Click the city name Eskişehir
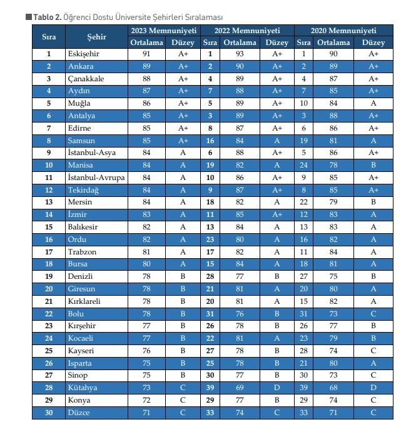(83, 54)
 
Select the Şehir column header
(96, 37)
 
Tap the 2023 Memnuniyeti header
(164, 31)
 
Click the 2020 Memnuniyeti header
(343, 31)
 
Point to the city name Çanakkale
(86, 79)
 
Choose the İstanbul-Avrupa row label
(96, 178)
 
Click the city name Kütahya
(83, 388)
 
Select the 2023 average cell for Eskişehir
(146, 54)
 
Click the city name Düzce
(79, 413)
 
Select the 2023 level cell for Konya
(183, 400)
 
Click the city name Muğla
(79, 103)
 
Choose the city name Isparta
(80, 363)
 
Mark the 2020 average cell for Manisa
(333, 165)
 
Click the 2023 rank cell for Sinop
(48, 376)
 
